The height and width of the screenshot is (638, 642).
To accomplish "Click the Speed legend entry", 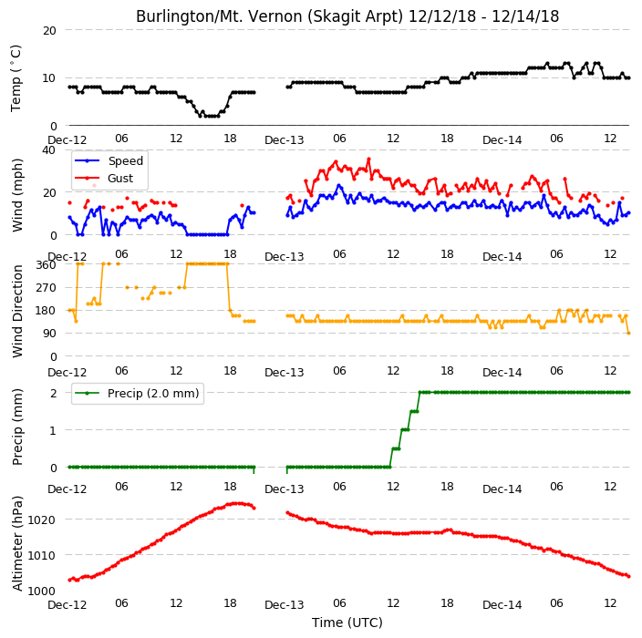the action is tap(109, 160).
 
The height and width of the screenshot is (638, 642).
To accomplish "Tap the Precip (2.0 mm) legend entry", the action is tap(137, 393).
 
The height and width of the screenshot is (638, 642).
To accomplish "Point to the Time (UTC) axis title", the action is tap(347, 623).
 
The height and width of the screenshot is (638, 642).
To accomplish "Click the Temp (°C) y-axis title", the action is tap(16, 78).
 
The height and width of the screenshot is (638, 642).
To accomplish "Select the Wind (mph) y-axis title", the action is tap(17, 195).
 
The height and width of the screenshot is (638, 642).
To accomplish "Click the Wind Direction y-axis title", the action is tap(17, 312).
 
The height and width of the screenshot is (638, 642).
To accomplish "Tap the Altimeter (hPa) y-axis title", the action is tap(17, 543).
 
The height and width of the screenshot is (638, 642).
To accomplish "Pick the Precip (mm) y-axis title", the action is tap(17, 427).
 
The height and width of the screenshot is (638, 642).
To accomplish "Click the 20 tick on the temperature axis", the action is tap(49, 30).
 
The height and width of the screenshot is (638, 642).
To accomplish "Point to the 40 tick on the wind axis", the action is tap(48, 150).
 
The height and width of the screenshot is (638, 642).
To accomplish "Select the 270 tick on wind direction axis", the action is tap(46, 288).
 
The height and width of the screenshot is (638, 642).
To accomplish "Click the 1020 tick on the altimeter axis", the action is tap(41, 520).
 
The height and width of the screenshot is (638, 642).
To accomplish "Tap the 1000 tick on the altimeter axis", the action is tap(41, 591).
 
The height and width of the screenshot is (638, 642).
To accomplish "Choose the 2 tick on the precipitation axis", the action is tap(53, 393).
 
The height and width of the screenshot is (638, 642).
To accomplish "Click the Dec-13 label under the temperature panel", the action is tap(285, 140).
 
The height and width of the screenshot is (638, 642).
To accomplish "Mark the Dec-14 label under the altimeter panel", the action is tap(502, 605).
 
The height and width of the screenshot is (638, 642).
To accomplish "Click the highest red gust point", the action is tap(368, 159).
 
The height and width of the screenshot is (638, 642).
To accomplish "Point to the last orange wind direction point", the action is tap(629, 334).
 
